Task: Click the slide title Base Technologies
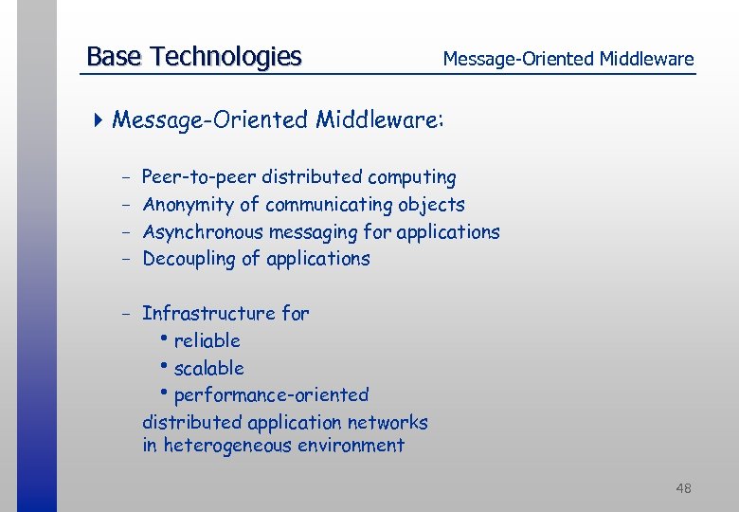point(193,57)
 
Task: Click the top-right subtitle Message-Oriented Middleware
point(568,59)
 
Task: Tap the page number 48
point(683,488)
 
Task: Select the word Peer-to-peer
point(199,177)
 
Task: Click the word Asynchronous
point(203,231)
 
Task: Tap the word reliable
point(207,340)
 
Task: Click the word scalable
point(208,368)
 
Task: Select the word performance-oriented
point(271,394)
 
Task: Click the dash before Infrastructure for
point(126,313)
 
